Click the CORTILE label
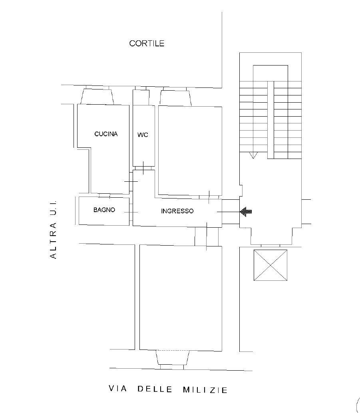147,43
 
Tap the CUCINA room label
106,134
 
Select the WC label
143,135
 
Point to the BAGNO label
104,210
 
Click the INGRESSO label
177,211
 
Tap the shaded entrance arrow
246,212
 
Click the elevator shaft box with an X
270,265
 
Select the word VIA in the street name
118,389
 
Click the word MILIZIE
205,390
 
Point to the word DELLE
155,389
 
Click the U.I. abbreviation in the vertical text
53,207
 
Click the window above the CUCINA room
97,95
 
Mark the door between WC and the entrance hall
143,168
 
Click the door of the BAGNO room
131,212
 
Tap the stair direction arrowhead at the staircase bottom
253,155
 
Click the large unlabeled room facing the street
181,298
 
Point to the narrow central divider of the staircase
270,120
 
